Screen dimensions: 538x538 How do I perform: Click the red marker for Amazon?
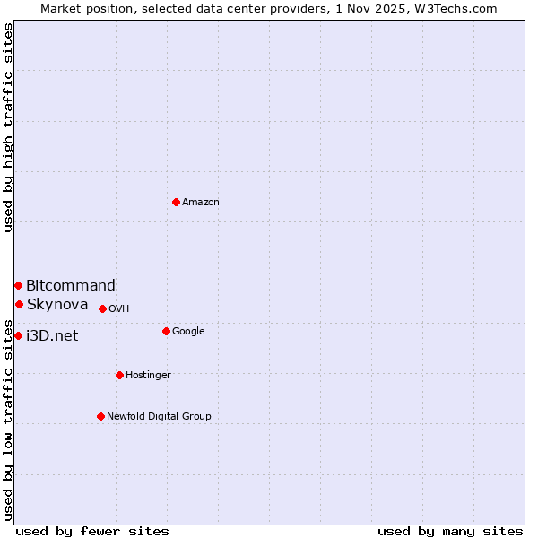(176, 202)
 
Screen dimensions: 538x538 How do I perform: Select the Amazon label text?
(201, 203)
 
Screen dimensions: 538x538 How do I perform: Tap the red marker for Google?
(166, 331)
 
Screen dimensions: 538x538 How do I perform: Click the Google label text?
(188, 332)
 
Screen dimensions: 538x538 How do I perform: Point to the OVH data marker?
(102, 308)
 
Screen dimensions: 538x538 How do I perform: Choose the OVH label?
(119, 309)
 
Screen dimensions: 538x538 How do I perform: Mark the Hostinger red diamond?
(119, 375)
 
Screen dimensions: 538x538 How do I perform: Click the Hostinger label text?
(148, 376)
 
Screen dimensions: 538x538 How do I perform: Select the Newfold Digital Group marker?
(100, 416)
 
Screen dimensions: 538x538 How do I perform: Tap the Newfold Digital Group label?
(159, 417)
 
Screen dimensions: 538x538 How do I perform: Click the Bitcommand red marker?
(18, 285)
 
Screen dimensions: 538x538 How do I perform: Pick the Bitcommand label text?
(71, 286)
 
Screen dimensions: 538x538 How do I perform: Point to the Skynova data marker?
(19, 304)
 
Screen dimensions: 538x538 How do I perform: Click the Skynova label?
(57, 305)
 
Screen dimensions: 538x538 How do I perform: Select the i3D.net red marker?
(18, 335)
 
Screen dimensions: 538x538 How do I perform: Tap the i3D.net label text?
(52, 336)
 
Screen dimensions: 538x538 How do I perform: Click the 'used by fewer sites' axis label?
(92, 531)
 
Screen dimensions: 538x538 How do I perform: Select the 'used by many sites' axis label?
(450, 531)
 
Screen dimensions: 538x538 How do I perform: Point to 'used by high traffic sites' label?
(8, 127)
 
